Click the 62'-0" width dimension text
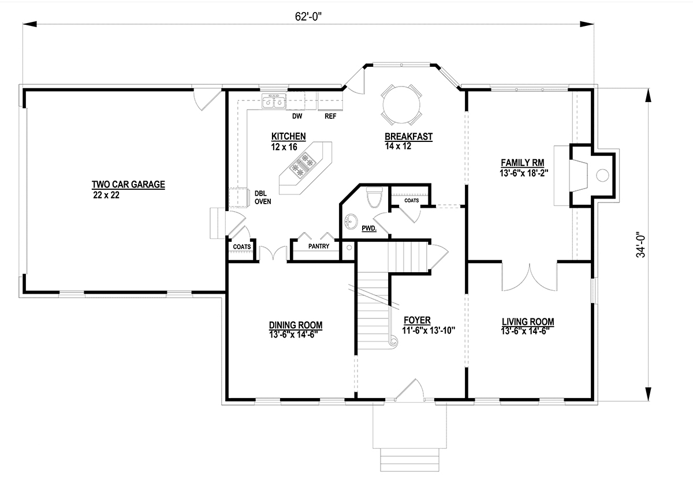tap(308, 17)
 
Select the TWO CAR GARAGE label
tap(128, 185)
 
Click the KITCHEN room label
tap(289, 136)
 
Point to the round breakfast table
tap(401, 105)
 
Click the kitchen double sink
tap(274, 102)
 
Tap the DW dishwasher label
tap(297, 116)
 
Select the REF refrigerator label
tap(330, 116)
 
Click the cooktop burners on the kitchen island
tap(303, 165)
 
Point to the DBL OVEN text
tap(263, 197)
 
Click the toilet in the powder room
tap(374, 197)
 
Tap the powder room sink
tap(351, 222)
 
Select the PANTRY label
tap(319, 246)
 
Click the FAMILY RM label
tap(523, 163)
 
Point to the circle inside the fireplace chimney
tap(602, 175)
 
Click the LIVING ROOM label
tap(528, 322)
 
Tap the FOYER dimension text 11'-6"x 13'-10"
tap(429, 331)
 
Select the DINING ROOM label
tap(296, 325)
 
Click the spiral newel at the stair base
tap(394, 341)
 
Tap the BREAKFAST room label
tap(408, 137)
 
